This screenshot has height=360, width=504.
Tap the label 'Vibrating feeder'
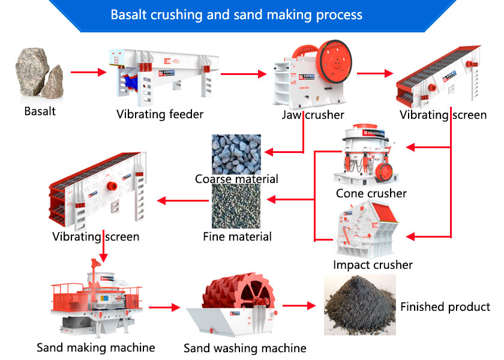pos(160,114)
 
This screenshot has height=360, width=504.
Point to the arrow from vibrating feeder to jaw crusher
pos(243,74)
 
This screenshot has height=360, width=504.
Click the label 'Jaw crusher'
pos(313,114)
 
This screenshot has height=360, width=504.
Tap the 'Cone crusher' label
pos(371,193)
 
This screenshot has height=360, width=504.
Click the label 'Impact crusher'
pos(373,265)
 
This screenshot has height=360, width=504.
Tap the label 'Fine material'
pos(237,236)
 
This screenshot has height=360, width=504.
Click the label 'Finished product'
pos(445,307)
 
